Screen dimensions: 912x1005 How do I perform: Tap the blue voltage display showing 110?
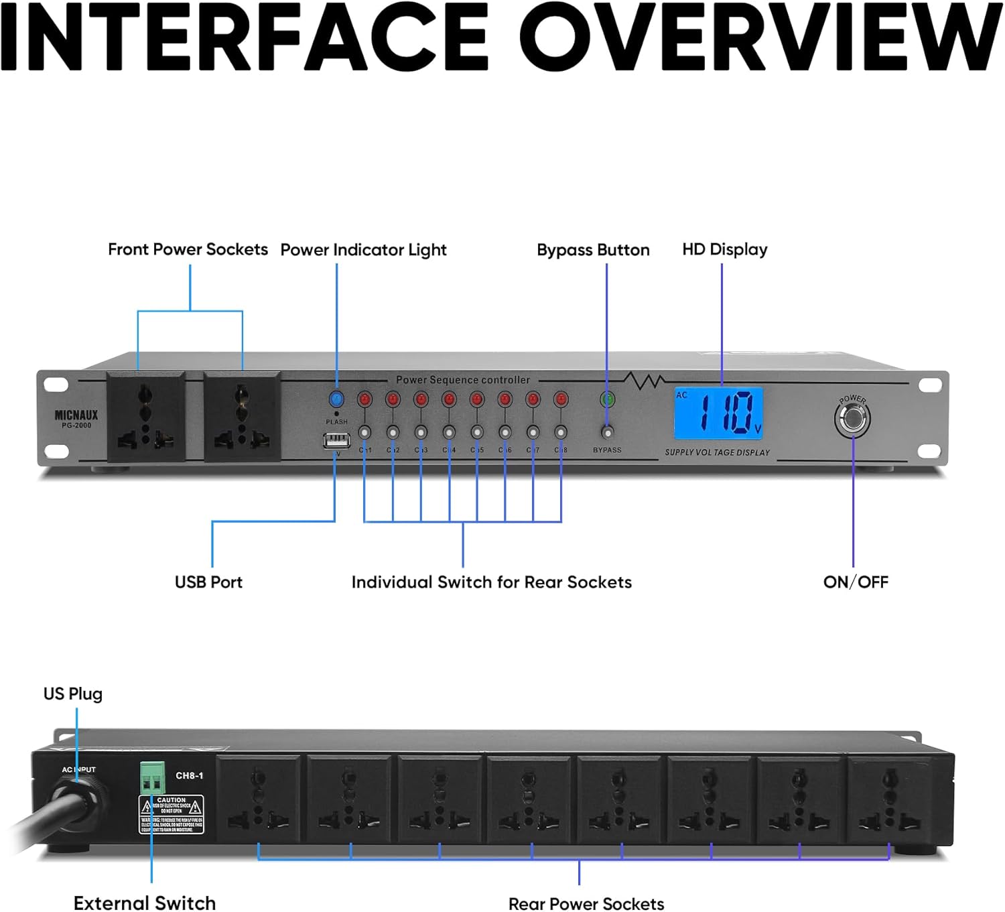718,413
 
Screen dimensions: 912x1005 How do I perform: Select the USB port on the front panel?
336,441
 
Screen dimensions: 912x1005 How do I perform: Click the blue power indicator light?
336,399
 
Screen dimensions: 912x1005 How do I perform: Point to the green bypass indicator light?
607,399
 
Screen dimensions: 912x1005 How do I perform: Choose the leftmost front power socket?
146,417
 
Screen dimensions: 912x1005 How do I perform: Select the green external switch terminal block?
152,777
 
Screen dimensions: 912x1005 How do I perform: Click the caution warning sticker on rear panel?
171,814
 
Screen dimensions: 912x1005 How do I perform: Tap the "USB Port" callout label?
208,582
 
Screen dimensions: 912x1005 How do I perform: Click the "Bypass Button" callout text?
593,250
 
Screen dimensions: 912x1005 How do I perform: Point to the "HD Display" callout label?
724,249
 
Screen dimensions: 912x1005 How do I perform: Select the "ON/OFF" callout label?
856,582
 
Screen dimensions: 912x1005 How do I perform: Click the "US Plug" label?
73,694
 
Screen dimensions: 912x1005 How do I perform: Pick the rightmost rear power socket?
889,800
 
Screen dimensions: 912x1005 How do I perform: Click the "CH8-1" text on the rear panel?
190,775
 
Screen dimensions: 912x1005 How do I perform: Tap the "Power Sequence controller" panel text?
462,380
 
